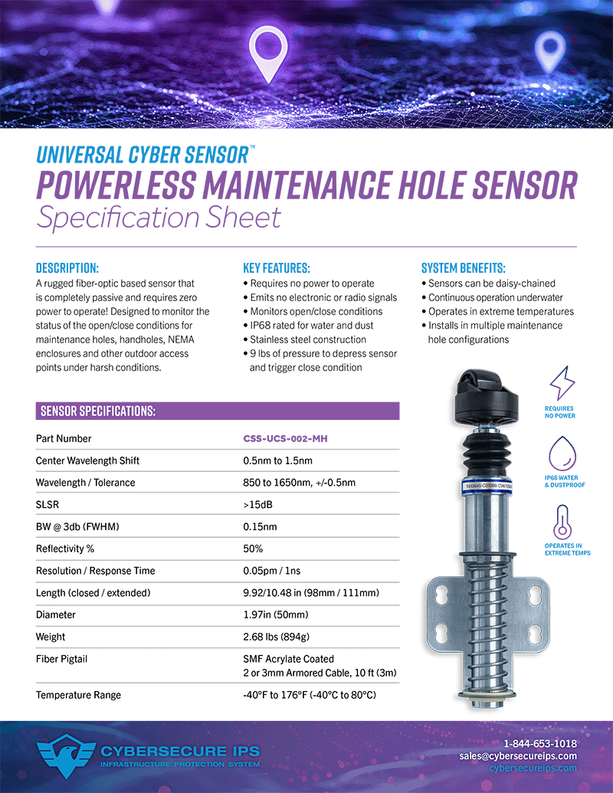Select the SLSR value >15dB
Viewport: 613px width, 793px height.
point(256,505)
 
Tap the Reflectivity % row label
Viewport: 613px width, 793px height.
point(65,549)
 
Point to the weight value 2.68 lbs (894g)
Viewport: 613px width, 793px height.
point(276,637)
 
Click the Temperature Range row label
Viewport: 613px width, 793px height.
point(78,695)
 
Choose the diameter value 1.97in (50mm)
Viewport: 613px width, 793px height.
point(277,614)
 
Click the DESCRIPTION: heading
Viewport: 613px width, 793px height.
point(67,268)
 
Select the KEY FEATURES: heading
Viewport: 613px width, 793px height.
point(276,268)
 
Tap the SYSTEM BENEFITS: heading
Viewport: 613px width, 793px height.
point(463,268)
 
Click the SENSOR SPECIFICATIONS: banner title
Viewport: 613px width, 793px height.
point(97,411)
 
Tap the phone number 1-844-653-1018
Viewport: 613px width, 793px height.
point(540,744)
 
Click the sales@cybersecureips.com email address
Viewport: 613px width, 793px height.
point(518,756)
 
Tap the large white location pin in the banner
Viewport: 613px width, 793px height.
point(268,54)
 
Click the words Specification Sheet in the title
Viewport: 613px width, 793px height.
point(159,218)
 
